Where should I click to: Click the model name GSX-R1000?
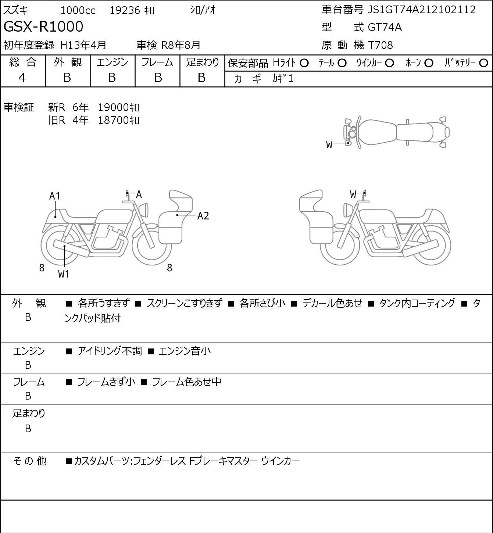pos(43,27)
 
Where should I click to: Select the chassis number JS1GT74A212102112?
pos(422,10)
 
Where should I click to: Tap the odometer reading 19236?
pos(125,10)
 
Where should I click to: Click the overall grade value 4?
pos(22,78)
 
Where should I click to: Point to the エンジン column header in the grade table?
pos(112,62)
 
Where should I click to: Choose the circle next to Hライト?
pos(304,63)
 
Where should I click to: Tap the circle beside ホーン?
pos(429,63)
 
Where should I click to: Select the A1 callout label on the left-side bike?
pos(55,196)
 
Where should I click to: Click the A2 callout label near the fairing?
pos(203,216)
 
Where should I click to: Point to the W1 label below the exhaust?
pos(64,274)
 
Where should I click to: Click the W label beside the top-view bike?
pos(329,145)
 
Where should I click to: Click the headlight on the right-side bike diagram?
pos(346,211)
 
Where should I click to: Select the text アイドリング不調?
pos(110,351)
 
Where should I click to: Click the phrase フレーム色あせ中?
pos(187,382)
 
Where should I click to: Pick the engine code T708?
pos(381,45)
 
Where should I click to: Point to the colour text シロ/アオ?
pos(203,10)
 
